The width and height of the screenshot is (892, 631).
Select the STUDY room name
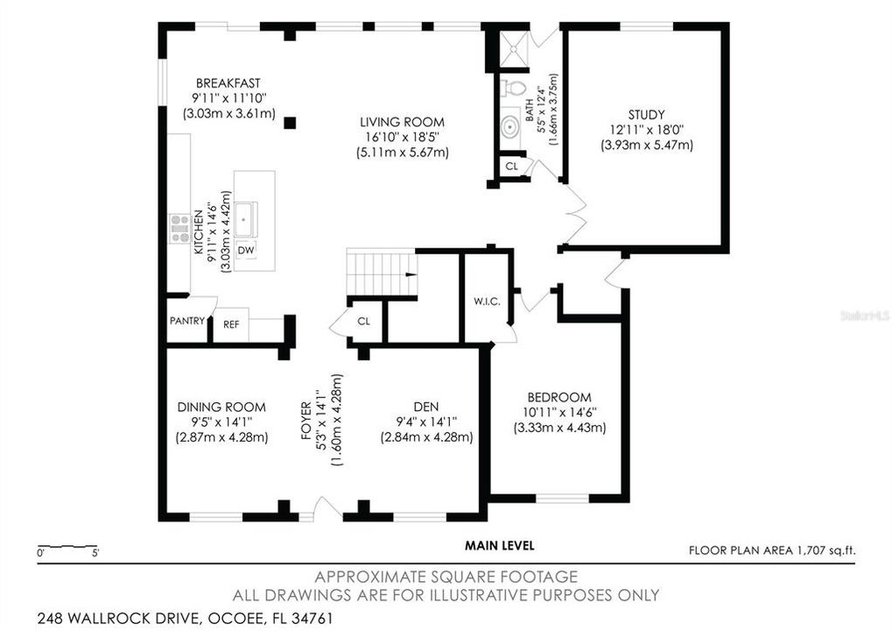click(x=646, y=114)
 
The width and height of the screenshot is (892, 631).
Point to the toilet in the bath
click(x=515, y=88)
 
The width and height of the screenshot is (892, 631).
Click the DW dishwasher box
click(x=246, y=251)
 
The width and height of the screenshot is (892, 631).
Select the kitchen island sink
click(x=246, y=217)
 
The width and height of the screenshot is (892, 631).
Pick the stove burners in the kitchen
click(x=180, y=228)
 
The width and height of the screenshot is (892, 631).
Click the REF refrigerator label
click(x=231, y=324)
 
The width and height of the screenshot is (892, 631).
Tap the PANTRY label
click(x=186, y=321)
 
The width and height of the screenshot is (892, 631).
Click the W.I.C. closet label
click(x=487, y=301)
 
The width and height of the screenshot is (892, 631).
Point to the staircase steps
click(x=380, y=271)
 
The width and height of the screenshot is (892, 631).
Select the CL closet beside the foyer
click(x=363, y=321)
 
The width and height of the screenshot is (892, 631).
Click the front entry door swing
click(x=326, y=509)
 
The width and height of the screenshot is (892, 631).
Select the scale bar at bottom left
click(x=68, y=548)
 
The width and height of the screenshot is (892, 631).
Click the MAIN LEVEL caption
click(x=499, y=545)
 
